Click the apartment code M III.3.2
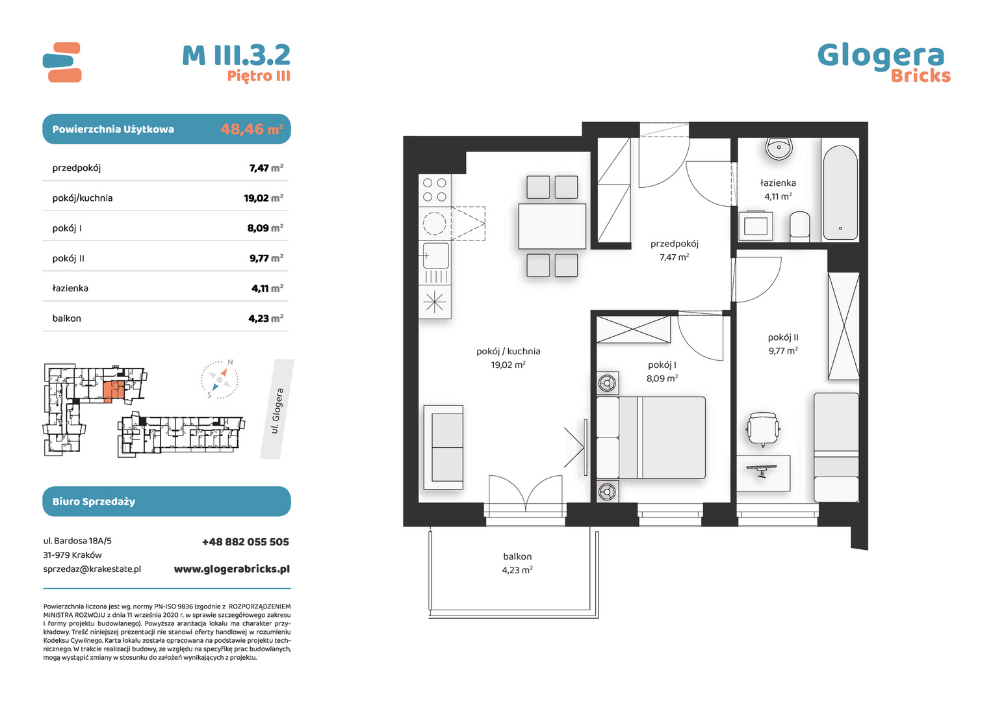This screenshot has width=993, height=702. tap(237, 55)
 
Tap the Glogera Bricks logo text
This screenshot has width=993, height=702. tap(884, 63)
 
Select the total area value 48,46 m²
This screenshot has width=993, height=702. tap(251, 129)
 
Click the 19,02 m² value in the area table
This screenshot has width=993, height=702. tap(263, 198)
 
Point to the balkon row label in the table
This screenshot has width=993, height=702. tap(66, 318)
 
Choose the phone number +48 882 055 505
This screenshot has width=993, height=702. tap(246, 542)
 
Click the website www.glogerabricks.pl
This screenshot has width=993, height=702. tap(232, 569)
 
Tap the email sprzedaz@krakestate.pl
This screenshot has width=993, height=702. tap(92, 569)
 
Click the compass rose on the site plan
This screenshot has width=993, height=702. tap(220, 380)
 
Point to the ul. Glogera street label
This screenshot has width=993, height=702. tap(277, 411)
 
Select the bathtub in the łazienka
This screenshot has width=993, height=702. tap(840, 193)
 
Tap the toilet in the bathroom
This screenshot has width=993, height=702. tap(800, 227)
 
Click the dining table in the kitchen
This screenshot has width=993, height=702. tap(552, 226)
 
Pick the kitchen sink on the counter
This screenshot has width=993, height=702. tap(436, 256)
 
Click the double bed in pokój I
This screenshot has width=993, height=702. tap(651, 437)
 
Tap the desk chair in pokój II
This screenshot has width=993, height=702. tap(764, 428)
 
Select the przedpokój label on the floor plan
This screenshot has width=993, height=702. tap(675, 244)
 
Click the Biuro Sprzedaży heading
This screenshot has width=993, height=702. tap(94, 502)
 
